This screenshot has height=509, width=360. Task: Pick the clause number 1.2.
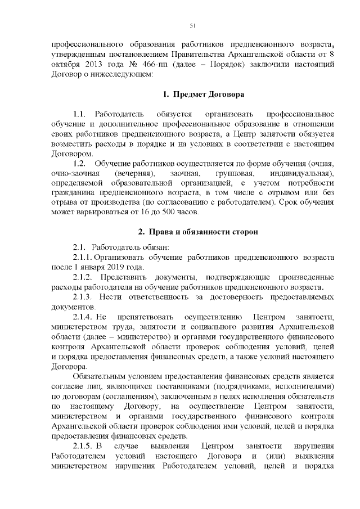pyautogui.click(x=79, y=164)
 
